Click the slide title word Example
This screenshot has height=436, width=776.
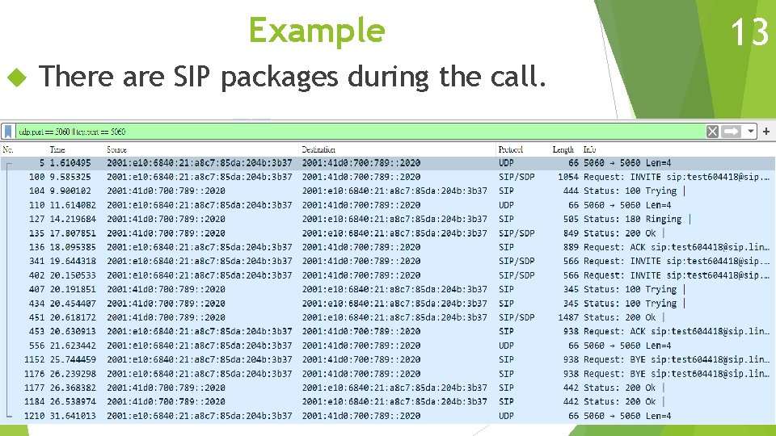point(316,31)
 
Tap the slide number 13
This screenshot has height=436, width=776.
point(749,33)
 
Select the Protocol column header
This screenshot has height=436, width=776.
point(511,149)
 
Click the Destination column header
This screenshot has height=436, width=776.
point(318,149)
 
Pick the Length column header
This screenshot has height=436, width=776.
point(563,149)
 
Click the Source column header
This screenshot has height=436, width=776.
point(116,149)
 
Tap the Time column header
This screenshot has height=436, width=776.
point(57,149)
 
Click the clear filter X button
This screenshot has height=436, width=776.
point(712,132)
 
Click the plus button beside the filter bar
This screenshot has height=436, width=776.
point(766,131)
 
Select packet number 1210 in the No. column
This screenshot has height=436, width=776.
point(35,416)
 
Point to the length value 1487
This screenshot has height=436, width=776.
point(568,317)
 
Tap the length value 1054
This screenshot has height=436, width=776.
point(568,177)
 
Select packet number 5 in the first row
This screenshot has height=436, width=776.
point(42,163)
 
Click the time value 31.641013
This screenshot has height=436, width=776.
point(72,416)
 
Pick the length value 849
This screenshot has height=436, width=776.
point(571,233)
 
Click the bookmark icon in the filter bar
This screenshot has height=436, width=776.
point(8,132)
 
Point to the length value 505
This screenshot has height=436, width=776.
point(571,219)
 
